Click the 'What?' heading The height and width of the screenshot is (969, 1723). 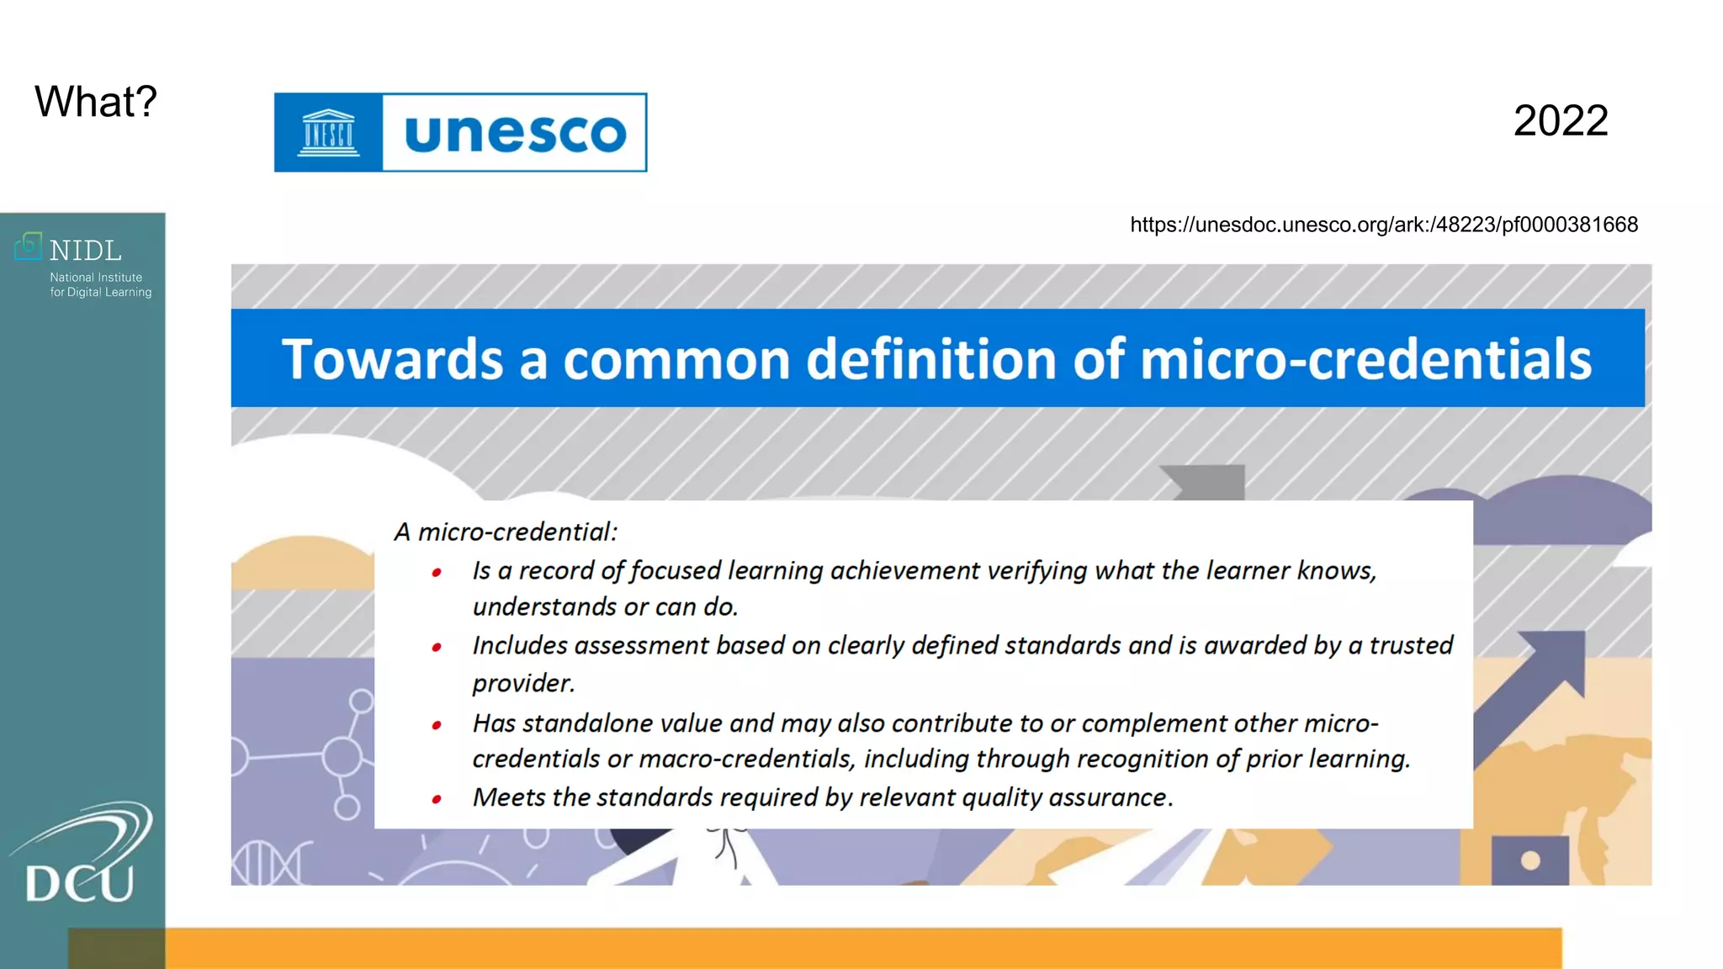click(x=95, y=102)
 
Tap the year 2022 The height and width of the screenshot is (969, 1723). click(x=1560, y=120)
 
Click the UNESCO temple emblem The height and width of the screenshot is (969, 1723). click(x=328, y=133)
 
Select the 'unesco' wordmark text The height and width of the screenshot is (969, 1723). click(x=515, y=133)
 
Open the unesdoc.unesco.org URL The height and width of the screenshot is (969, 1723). click(x=1383, y=225)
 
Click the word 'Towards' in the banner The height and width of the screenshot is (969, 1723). click(x=392, y=359)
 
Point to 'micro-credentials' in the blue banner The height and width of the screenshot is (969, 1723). click(x=1365, y=359)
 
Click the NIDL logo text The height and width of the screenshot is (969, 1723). click(x=84, y=251)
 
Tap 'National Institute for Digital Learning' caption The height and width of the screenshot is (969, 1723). click(x=99, y=284)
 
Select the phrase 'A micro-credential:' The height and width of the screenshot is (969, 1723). click(x=506, y=532)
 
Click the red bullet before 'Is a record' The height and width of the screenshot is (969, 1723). click(x=437, y=573)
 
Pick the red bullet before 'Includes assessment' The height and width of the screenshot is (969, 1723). click(x=437, y=647)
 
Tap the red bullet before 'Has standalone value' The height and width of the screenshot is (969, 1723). click(x=437, y=725)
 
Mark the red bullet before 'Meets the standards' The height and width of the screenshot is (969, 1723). click(x=437, y=799)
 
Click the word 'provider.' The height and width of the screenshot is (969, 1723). click(x=523, y=683)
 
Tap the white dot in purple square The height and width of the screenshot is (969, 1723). click(x=1530, y=860)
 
